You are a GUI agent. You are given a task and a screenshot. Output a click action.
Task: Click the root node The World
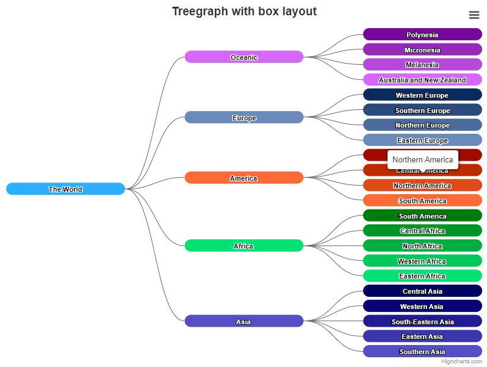(x=65, y=189)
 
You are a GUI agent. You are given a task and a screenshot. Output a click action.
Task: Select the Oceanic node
(x=244, y=57)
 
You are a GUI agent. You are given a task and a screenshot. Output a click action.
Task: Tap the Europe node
(x=244, y=118)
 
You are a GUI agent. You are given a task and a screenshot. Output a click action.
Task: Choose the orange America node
(x=244, y=178)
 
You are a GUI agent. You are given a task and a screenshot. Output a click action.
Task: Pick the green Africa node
(x=244, y=246)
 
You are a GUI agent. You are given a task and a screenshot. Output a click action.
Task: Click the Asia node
(x=244, y=322)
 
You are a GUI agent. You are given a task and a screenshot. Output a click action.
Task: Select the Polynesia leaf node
(x=422, y=35)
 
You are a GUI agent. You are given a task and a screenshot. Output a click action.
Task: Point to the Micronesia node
(x=422, y=50)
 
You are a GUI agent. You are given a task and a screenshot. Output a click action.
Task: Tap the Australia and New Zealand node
(x=422, y=80)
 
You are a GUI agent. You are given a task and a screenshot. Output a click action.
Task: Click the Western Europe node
(x=422, y=95)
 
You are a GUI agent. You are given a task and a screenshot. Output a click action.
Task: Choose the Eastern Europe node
(x=422, y=140)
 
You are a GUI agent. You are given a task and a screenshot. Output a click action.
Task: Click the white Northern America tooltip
(x=422, y=159)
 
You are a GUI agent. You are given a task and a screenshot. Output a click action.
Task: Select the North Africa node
(x=422, y=246)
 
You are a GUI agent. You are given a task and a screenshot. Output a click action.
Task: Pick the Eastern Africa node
(x=422, y=276)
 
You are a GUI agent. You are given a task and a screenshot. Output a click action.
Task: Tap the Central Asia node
(x=422, y=291)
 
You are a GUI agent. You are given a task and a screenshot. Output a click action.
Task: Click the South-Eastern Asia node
(x=422, y=322)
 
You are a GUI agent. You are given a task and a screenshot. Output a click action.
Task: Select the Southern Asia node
(x=422, y=352)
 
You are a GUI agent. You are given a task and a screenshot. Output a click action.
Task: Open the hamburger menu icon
(x=474, y=15)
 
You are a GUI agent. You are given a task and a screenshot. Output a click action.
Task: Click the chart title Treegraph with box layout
(x=244, y=12)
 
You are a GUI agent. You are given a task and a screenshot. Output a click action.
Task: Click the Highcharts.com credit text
(x=461, y=362)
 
